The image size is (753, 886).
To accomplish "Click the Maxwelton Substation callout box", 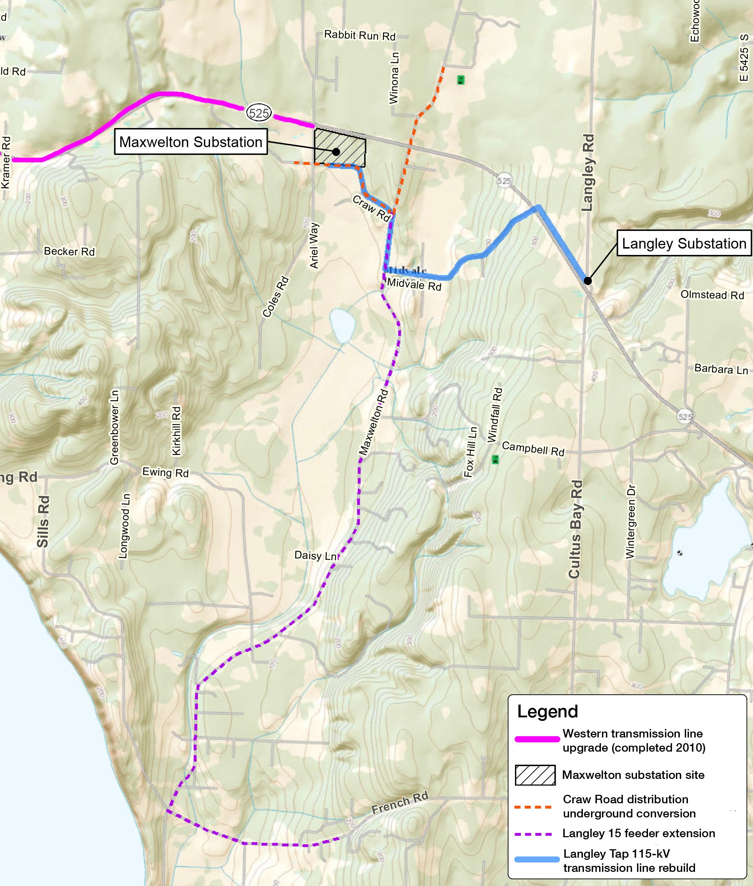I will pyautogui.click(x=190, y=142).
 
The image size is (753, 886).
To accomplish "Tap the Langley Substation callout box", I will pyautogui.click(x=683, y=243).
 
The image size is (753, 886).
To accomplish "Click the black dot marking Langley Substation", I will pyautogui.click(x=588, y=281).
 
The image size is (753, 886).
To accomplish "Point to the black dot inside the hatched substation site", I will pyautogui.click(x=336, y=152).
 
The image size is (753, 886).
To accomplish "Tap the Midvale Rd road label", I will pyautogui.click(x=414, y=285).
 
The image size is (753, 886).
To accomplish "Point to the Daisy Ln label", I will pyautogui.click(x=315, y=556).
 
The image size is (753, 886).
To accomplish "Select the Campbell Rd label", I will pyautogui.click(x=533, y=449).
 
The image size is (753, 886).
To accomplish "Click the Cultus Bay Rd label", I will pyautogui.click(x=575, y=529).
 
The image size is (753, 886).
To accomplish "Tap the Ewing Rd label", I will pyautogui.click(x=165, y=472).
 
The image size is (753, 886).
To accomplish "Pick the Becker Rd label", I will pyautogui.click(x=69, y=251).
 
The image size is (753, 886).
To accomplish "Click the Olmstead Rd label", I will pyautogui.click(x=712, y=295).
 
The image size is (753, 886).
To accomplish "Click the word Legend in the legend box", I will pyautogui.click(x=547, y=711).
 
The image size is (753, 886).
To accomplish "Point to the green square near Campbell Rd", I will pyautogui.click(x=495, y=460).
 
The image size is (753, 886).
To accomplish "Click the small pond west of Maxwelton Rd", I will pyautogui.click(x=342, y=326).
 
